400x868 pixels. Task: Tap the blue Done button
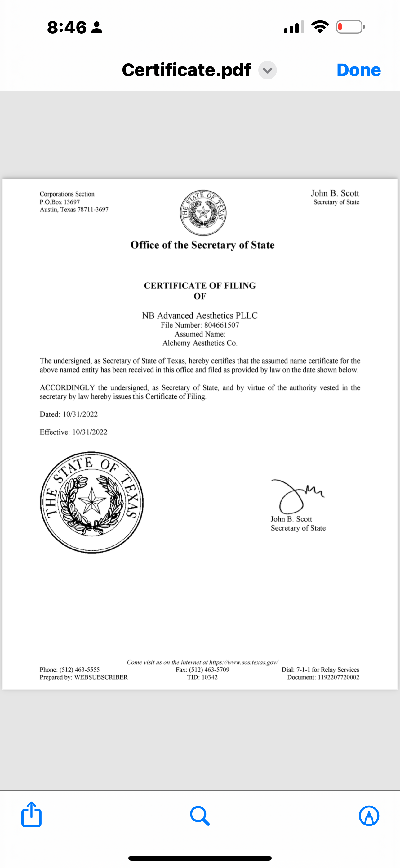click(358, 70)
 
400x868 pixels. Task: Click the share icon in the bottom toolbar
click(31, 815)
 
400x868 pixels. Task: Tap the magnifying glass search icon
click(200, 816)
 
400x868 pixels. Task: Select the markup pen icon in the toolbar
click(369, 816)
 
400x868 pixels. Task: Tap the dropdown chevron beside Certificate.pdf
click(267, 70)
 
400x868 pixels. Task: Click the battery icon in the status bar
click(350, 27)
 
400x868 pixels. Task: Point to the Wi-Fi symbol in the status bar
click(320, 27)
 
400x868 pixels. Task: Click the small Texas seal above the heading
click(203, 213)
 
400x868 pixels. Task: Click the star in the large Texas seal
click(91, 501)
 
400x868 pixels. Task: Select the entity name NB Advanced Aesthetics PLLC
click(200, 315)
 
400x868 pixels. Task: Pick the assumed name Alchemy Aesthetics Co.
click(200, 343)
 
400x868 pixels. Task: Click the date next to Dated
click(80, 414)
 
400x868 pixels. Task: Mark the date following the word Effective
click(90, 432)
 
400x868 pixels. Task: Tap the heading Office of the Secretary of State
click(202, 245)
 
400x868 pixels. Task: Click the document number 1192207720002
click(338, 677)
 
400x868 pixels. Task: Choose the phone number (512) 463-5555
click(79, 670)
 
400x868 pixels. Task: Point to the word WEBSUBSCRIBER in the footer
click(101, 677)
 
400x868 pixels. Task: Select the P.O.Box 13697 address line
click(60, 202)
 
